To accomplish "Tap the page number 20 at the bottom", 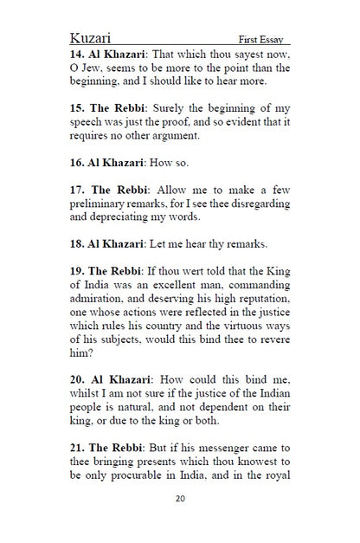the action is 180,499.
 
